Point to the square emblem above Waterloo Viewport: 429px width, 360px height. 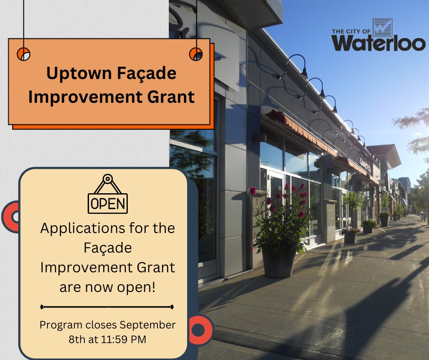point(382,27)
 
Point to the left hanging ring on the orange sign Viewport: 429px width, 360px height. point(23,54)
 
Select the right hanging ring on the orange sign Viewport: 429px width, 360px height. point(196,54)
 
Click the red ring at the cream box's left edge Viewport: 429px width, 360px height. point(11,217)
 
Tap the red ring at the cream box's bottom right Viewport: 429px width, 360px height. point(199,329)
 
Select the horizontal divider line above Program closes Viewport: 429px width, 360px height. point(107,307)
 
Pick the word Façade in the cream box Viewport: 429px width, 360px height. point(108,248)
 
